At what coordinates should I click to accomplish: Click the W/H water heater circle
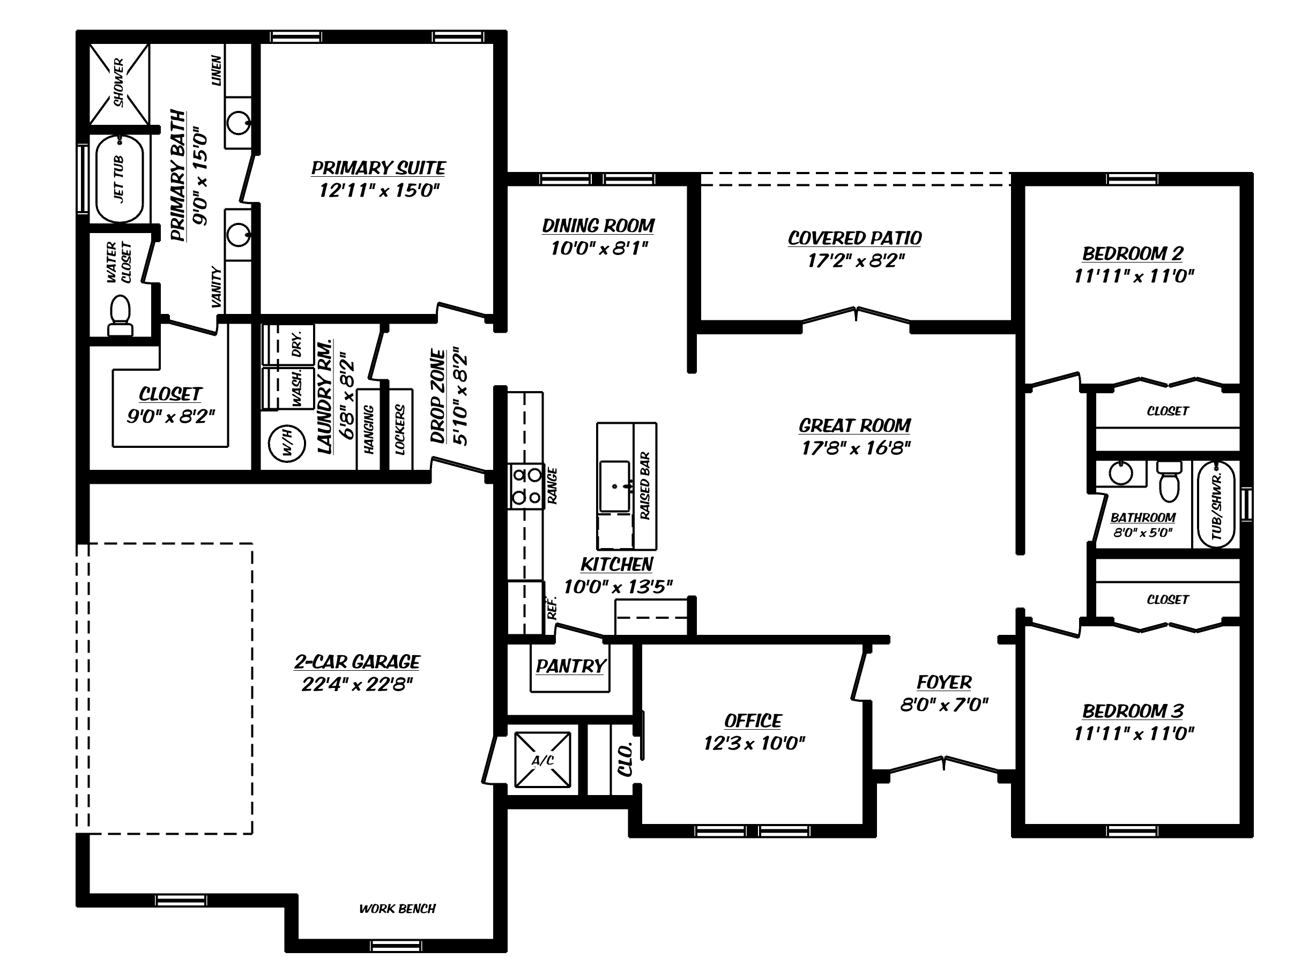287,444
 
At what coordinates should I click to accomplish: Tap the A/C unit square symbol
542,760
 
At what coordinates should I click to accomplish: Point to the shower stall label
119,83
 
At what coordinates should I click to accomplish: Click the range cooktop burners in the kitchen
527,486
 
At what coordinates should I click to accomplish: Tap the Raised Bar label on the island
645,486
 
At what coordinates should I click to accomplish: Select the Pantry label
570,666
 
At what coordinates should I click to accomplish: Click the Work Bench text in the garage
398,909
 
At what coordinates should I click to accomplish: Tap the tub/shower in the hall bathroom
1217,505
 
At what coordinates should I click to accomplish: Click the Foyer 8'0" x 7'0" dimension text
944,705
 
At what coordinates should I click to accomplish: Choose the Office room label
753,721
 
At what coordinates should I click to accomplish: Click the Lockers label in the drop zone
400,429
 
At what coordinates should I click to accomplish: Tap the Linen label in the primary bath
217,71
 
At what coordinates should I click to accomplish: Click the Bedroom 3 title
1133,711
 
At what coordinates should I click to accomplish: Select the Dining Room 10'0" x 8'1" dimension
599,248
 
